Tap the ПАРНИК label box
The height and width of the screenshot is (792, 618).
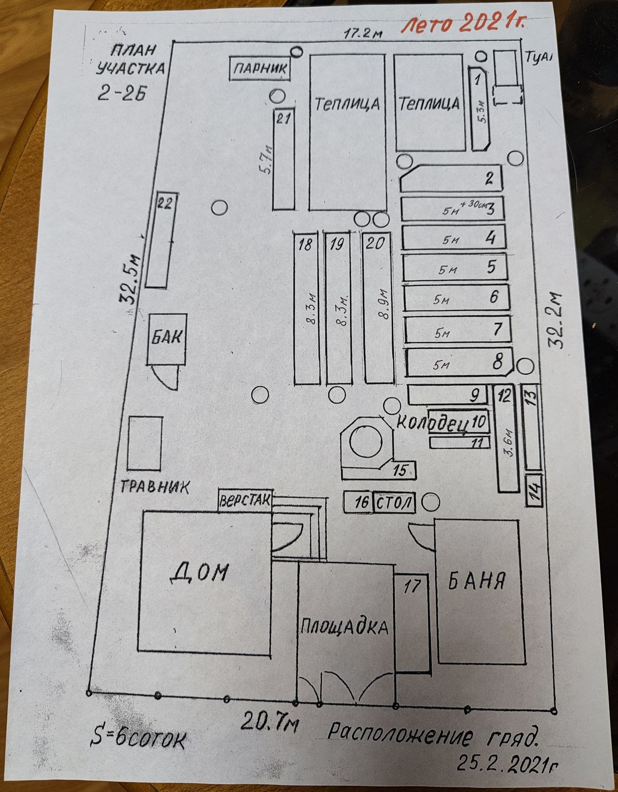tap(260, 68)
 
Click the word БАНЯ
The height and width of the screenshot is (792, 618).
tap(477, 581)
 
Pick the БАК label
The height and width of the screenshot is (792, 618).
tap(167, 338)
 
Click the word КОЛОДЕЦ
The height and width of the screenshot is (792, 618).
tap(431, 423)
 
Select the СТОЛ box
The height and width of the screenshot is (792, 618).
tap(394, 502)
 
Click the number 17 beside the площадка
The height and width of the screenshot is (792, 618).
tap(412, 586)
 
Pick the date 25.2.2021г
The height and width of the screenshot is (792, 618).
tap(508, 764)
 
